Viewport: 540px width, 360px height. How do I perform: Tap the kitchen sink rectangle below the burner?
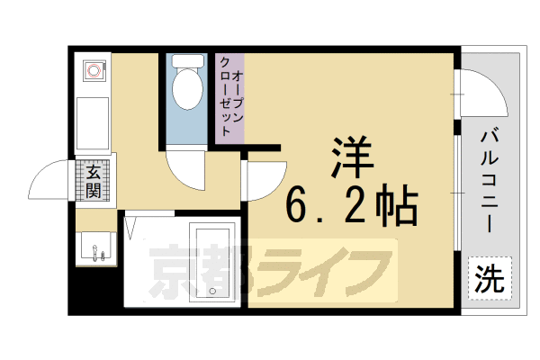pyautogui.click(x=92, y=119)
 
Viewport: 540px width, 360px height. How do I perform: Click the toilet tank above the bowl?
pyautogui.click(x=187, y=62)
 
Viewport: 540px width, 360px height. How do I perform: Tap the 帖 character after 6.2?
pyautogui.click(x=396, y=208)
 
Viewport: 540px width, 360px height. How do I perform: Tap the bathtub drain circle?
pyautogui.click(x=213, y=292)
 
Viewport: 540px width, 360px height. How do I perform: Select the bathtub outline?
pyautogui.click(x=213, y=261)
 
